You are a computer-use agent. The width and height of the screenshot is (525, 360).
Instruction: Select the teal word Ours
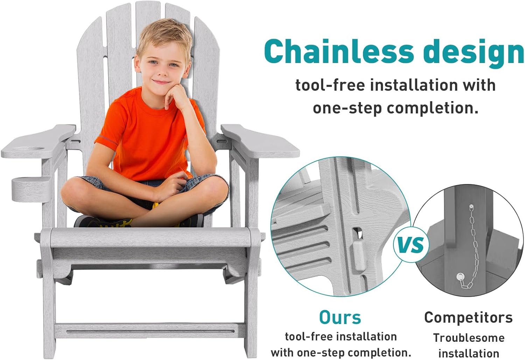point(340,317)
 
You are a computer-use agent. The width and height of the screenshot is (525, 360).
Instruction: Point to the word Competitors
point(468,318)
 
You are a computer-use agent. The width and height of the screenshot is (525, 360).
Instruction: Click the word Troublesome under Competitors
point(469,338)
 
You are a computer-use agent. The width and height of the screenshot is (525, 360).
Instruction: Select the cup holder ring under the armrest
point(31,189)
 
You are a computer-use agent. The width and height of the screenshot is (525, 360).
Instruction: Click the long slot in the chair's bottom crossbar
point(150,331)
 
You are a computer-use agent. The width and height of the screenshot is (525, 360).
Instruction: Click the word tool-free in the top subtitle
point(330,85)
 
